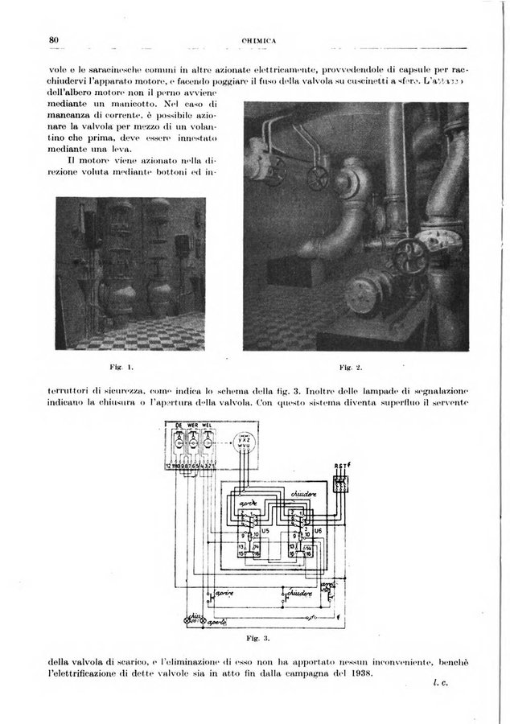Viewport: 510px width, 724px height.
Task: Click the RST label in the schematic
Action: [341, 464]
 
